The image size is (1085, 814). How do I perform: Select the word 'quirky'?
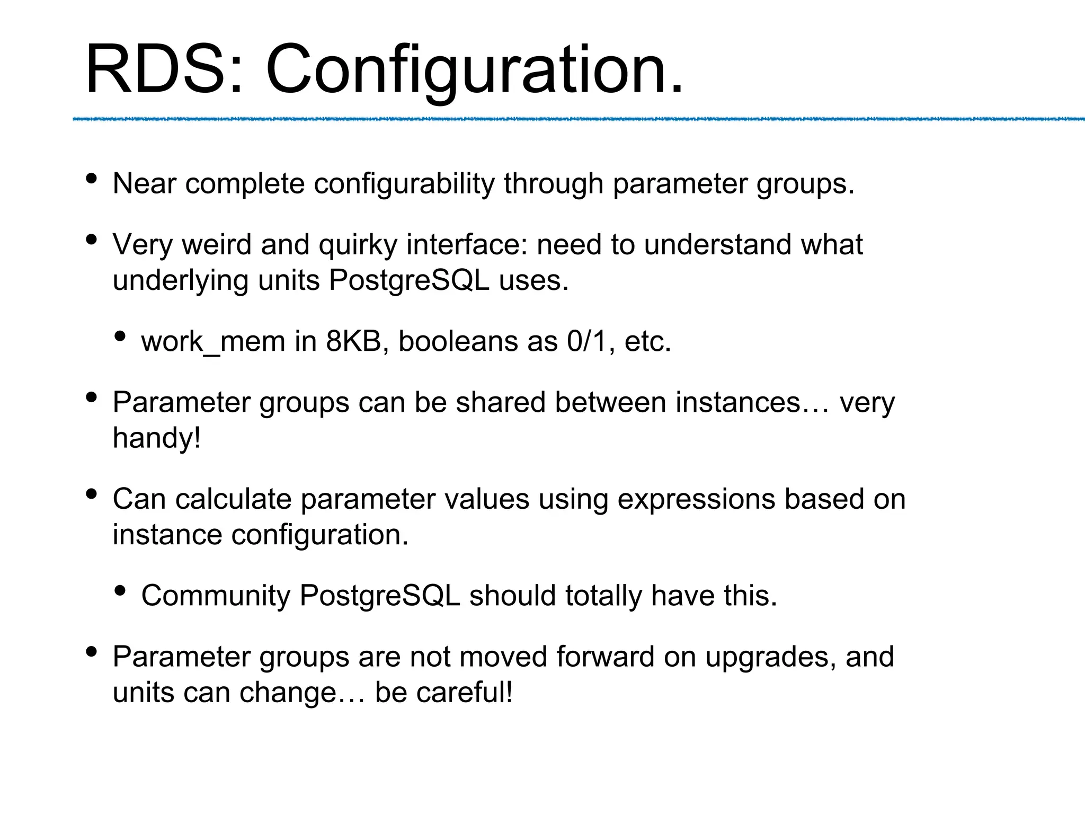click(358, 245)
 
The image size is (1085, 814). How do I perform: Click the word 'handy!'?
click(157, 438)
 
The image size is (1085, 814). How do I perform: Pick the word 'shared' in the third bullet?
click(501, 402)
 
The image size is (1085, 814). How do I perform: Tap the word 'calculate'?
click(233, 499)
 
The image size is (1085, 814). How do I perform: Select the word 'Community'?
click(216, 596)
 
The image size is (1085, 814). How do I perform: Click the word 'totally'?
click(603, 596)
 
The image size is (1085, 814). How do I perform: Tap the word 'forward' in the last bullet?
click(606, 657)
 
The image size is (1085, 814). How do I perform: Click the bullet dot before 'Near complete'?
click(92, 179)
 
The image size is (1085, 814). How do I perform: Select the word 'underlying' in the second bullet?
click(181, 281)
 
